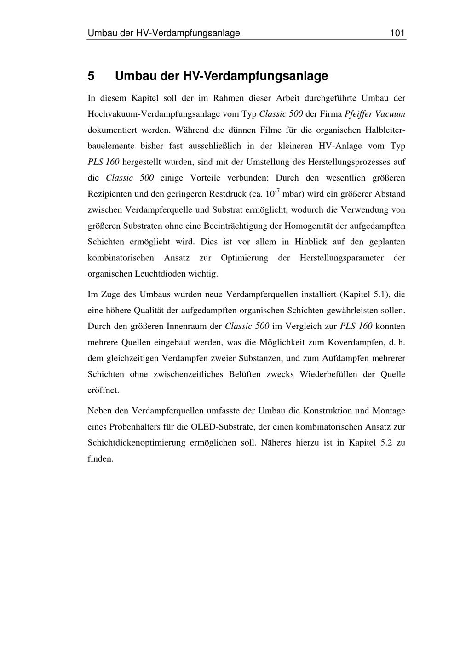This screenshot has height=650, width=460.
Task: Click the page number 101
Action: (397, 33)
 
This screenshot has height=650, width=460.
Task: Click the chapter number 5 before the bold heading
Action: (91, 76)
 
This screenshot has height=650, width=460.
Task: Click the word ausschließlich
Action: (214, 146)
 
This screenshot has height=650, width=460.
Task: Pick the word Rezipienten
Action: (109, 194)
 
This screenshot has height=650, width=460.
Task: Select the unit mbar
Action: (293, 194)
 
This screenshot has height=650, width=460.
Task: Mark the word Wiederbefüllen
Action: (328, 374)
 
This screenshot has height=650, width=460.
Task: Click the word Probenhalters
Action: (134, 427)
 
